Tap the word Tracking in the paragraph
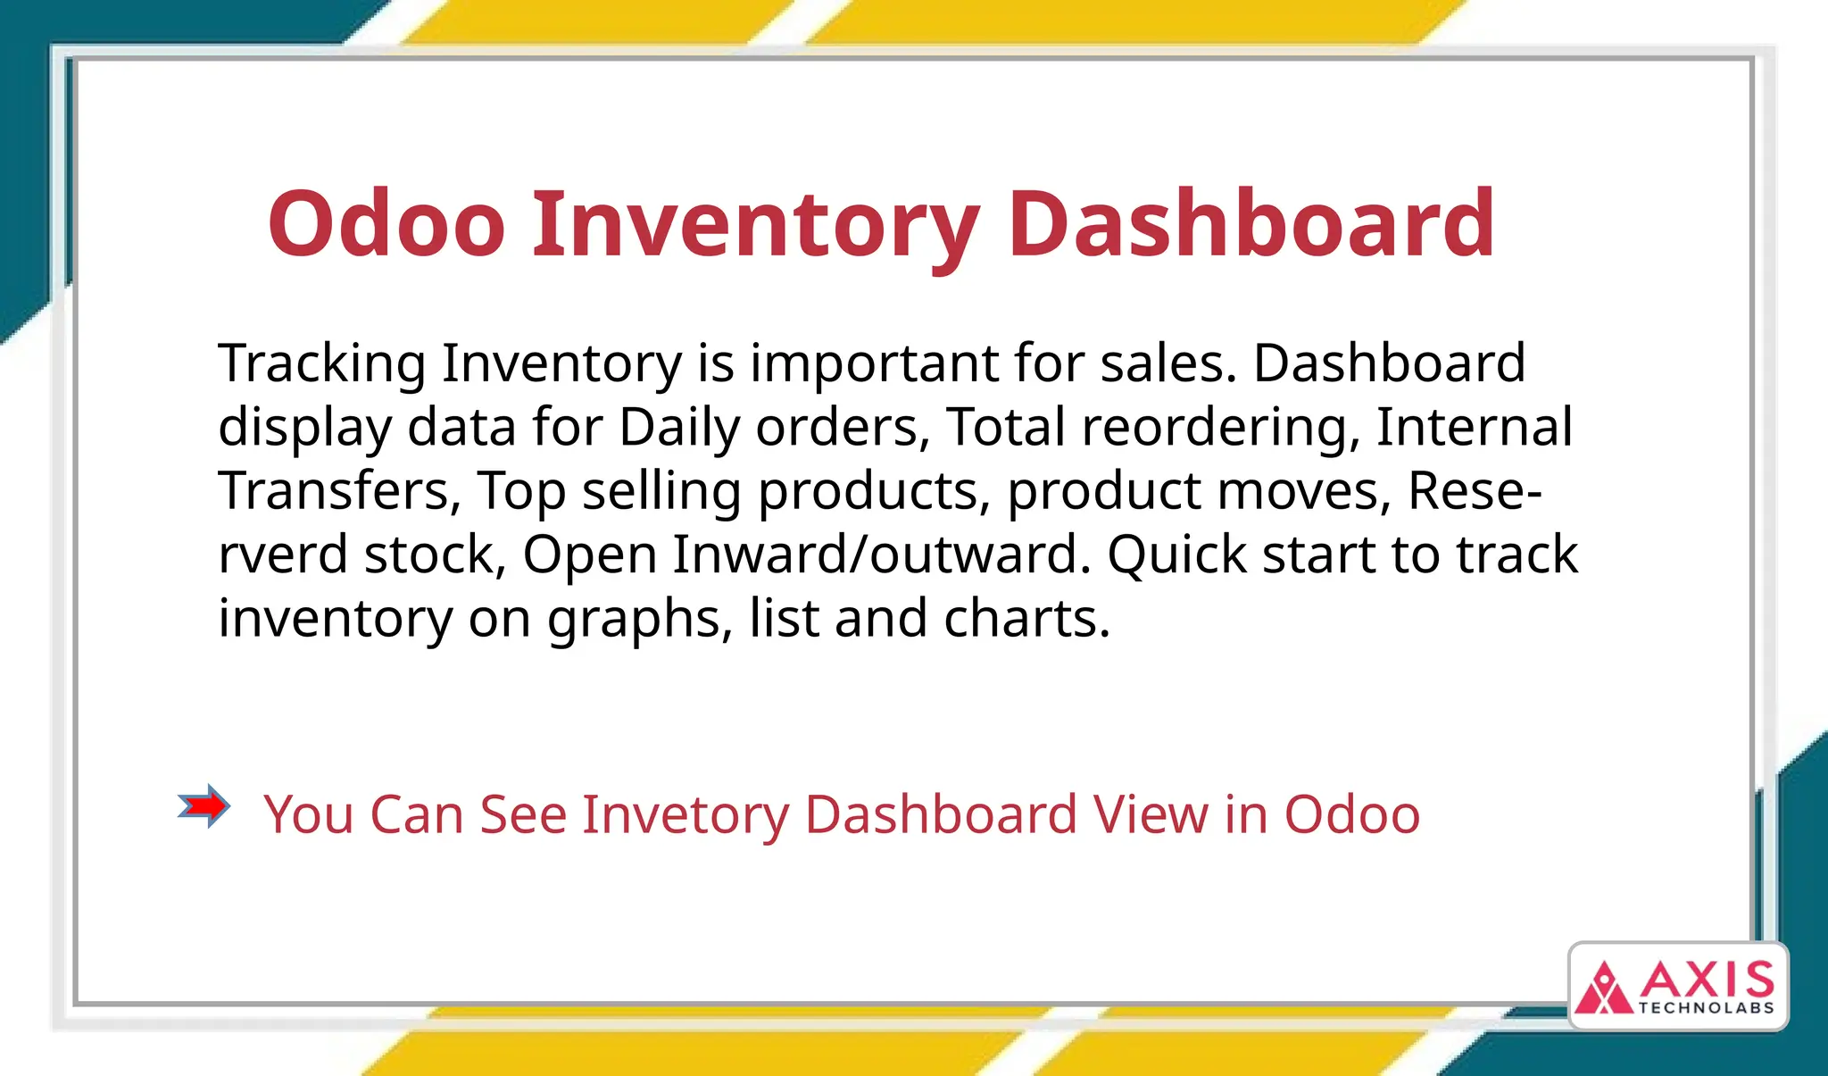(x=322, y=364)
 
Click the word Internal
(x=1474, y=428)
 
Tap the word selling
(x=661, y=491)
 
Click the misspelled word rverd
(x=283, y=555)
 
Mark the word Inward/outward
(x=882, y=555)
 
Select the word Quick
(x=1176, y=555)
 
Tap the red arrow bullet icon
(x=204, y=806)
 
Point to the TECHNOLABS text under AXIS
(x=1706, y=1008)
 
